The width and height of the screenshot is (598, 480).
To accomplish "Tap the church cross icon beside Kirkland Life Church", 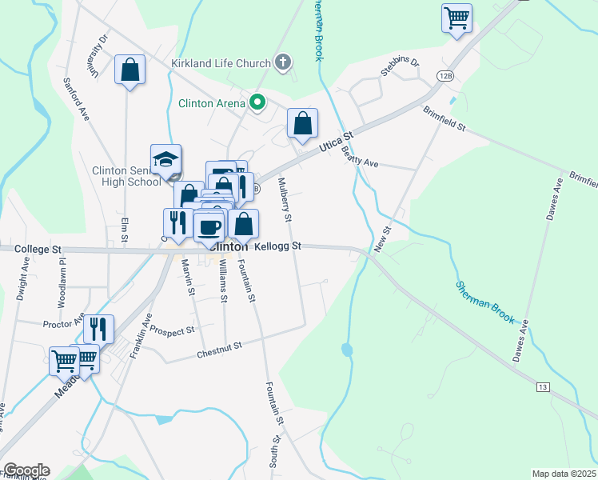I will pyautogui.click(x=282, y=61).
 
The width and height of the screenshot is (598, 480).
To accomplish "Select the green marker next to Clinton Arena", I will pyautogui.click(x=257, y=102).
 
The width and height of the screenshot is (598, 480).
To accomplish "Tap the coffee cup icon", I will pyautogui.click(x=209, y=226).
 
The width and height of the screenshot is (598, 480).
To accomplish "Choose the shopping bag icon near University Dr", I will pyautogui.click(x=130, y=70).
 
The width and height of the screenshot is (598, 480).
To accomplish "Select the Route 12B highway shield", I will pyautogui.click(x=446, y=75).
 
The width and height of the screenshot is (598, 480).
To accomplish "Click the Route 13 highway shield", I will pyautogui.click(x=543, y=387).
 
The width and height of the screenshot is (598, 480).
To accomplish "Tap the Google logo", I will pyautogui.click(x=26, y=470).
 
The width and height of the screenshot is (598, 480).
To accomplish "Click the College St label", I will pyautogui.click(x=38, y=250).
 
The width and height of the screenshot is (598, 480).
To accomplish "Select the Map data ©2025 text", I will pyautogui.click(x=563, y=474).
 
